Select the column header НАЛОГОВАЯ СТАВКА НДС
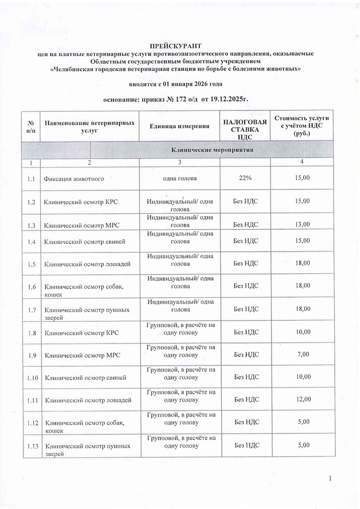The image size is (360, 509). (241, 126)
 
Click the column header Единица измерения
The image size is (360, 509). (180, 126)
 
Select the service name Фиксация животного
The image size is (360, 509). (74, 178)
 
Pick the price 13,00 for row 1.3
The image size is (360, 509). (302, 225)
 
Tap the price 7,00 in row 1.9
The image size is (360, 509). (302, 355)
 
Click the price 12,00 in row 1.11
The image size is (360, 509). (302, 400)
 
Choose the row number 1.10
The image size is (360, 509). (32, 378)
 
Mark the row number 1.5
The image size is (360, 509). (32, 264)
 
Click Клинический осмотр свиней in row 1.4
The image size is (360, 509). (85, 242)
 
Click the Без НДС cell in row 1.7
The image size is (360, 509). (246, 309)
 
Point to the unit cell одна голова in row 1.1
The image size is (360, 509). (180, 178)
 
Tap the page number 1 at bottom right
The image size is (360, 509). (330, 479)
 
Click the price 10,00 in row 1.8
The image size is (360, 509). (302, 332)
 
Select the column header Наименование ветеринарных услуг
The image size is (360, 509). (89, 126)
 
